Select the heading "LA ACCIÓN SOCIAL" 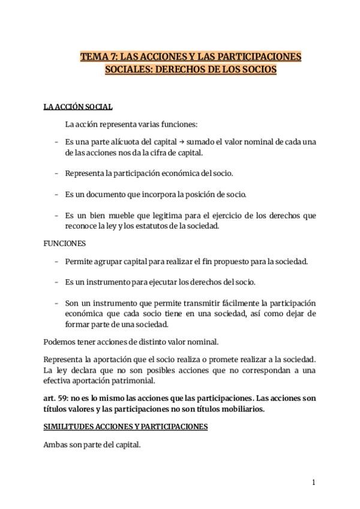pyautogui.click(x=78, y=107)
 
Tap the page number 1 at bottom pyautogui.click(x=313, y=482)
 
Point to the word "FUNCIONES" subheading pyautogui.click(x=65, y=244)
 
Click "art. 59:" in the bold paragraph pyautogui.click(x=58, y=398)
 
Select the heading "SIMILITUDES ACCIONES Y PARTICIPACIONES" pyautogui.click(x=125, y=427)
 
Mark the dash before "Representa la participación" pyautogui.click(x=56, y=173)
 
